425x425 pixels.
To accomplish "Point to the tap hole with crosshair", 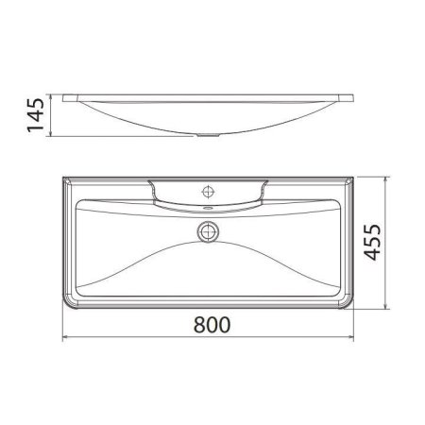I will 208,190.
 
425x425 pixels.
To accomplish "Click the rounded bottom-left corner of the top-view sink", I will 69,304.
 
